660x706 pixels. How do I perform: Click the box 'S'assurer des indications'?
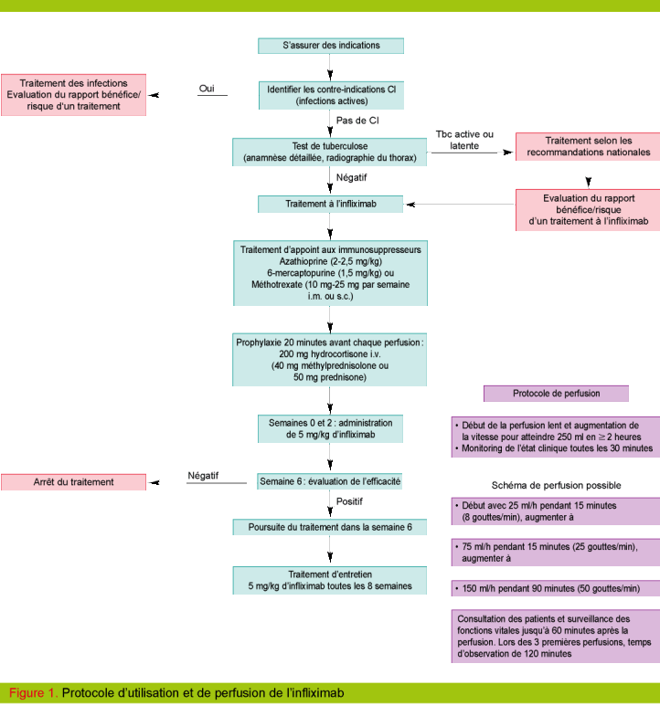click(330, 45)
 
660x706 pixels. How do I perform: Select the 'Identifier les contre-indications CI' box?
click(330, 95)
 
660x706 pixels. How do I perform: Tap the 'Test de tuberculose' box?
click(330, 152)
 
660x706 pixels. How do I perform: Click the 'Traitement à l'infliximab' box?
click(330, 204)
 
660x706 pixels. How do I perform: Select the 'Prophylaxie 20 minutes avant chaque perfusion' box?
click(330, 357)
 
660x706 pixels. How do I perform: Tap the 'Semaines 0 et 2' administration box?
click(330, 429)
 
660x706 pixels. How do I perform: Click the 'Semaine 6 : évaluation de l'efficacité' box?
click(330, 480)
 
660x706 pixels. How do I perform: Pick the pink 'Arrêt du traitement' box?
click(73, 481)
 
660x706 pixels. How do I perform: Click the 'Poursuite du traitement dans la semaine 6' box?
click(330, 527)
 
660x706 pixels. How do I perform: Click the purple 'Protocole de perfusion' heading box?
click(556, 394)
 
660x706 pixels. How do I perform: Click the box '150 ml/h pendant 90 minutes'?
click(556, 587)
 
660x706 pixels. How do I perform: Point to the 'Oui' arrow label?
click(208, 88)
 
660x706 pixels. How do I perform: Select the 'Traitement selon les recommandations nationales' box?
click(588, 146)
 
